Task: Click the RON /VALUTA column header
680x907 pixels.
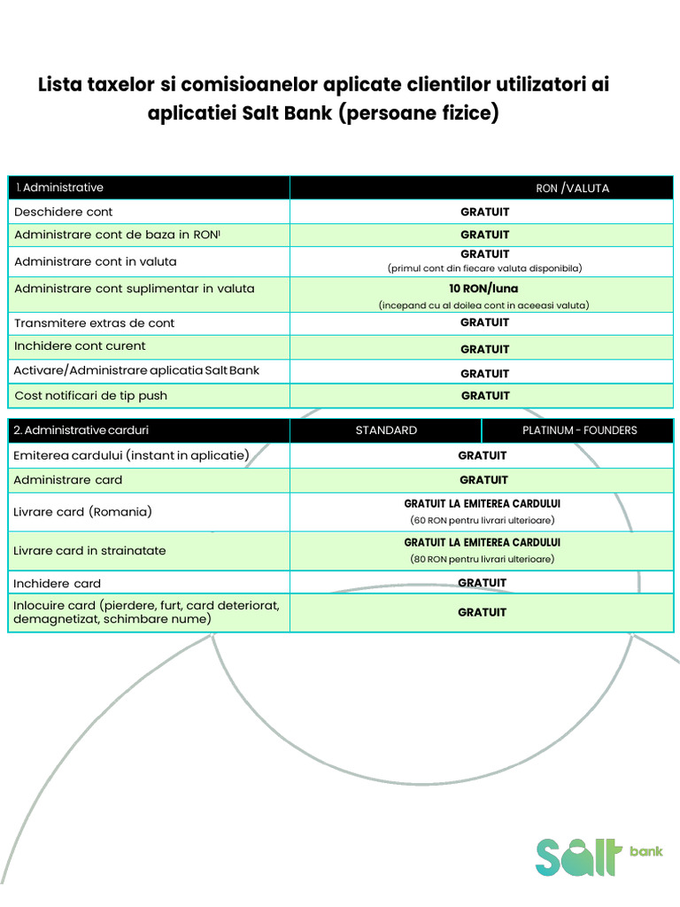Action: click(x=572, y=188)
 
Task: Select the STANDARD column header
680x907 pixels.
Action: click(x=386, y=430)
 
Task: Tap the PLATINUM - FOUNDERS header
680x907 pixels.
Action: click(x=579, y=430)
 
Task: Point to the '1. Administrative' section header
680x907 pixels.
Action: click(x=59, y=188)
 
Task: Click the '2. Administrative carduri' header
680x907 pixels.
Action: click(x=81, y=430)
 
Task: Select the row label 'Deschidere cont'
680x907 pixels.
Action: click(x=64, y=212)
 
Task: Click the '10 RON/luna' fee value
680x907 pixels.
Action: click(x=484, y=289)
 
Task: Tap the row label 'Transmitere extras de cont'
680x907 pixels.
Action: click(x=95, y=323)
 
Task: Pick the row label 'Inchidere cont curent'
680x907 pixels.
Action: click(x=81, y=346)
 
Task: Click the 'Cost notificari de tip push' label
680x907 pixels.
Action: click(x=91, y=396)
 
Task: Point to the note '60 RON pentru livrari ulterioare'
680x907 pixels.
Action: click(x=483, y=520)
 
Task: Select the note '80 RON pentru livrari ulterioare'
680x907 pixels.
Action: click(x=483, y=559)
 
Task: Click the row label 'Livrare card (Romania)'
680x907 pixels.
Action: click(x=83, y=512)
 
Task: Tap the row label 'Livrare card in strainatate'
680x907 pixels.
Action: click(x=90, y=551)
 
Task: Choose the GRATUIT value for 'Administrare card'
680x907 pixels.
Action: click(x=483, y=480)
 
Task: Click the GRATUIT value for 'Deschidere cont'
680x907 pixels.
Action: click(x=484, y=213)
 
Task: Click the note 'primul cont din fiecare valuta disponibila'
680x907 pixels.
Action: click(x=484, y=267)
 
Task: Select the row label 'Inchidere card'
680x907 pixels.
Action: click(x=58, y=584)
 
